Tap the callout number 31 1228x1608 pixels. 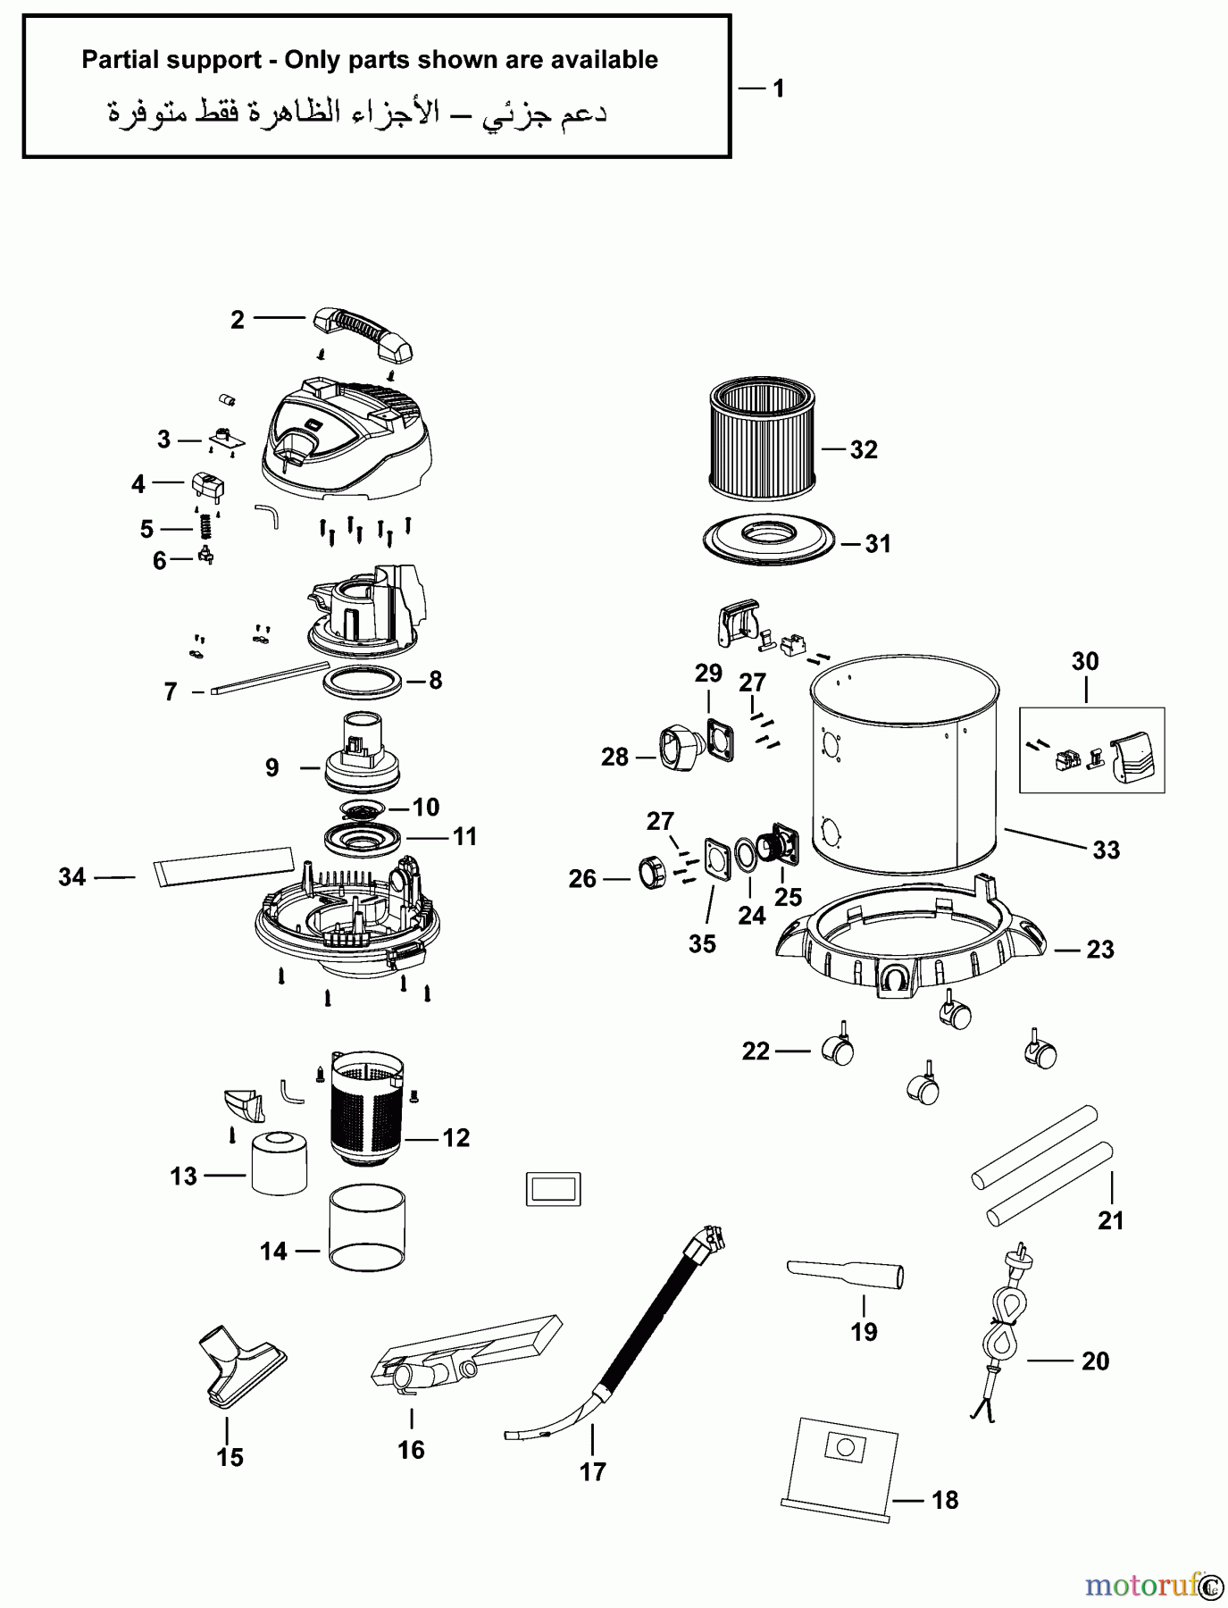click(878, 544)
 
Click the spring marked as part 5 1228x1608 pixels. click(205, 527)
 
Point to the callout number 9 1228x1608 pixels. click(272, 767)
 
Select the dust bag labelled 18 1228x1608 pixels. click(840, 1466)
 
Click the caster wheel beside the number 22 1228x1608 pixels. click(840, 1049)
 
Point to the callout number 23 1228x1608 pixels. click(1100, 950)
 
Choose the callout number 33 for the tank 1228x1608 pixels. click(1107, 850)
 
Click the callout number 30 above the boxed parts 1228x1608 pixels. click(1085, 662)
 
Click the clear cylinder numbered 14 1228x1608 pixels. click(367, 1225)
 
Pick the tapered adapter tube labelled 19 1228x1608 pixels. click(845, 1274)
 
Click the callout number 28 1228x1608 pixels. click(614, 758)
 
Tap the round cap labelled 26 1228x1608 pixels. click(651, 872)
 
